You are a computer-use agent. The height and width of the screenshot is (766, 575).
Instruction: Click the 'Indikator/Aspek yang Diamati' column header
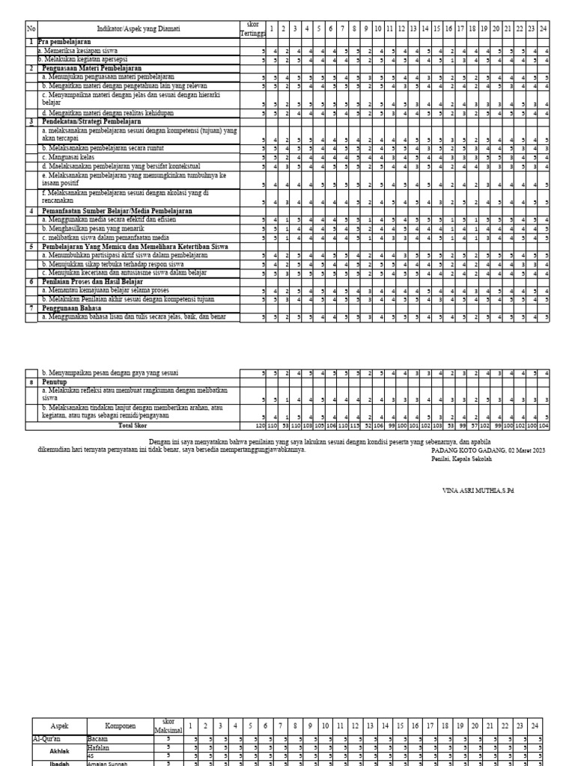(x=139, y=28)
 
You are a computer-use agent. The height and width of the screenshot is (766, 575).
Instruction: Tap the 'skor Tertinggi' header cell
(x=251, y=28)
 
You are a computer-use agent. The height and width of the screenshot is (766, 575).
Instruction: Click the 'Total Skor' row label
(x=133, y=425)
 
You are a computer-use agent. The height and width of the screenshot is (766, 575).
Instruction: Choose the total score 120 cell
(x=261, y=425)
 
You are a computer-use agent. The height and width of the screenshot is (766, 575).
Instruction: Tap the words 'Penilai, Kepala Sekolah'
(x=462, y=459)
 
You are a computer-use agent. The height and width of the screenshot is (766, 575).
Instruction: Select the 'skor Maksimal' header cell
(x=168, y=726)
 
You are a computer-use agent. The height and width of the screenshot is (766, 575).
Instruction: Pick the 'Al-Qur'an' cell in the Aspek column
(x=46, y=738)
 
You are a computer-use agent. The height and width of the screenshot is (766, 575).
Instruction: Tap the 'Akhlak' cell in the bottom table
(x=59, y=751)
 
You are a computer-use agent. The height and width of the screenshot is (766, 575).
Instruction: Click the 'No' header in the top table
(x=31, y=28)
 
